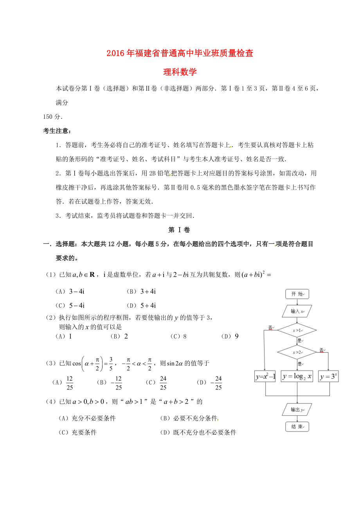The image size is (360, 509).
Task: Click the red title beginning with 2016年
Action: pyautogui.click(x=180, y=54)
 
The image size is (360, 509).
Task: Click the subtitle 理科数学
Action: pyautogui.click(x=180, y=72)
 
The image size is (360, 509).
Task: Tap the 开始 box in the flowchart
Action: pyautogui.click(x=297, y=294)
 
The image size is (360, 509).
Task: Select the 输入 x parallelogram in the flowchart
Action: pyautogui.click(x=297, y=311)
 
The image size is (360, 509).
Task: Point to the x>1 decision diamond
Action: pyautogui.click(x=297, y=330)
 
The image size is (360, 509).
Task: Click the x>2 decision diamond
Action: pyautogui.click(x=297, y=352)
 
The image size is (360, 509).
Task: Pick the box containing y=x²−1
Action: pyautogui.click(x=266, y=376)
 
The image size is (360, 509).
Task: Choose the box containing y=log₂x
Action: pyautogui.click(x=297, y=376)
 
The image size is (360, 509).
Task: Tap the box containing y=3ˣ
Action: pyautogui.click(x=328, y=376)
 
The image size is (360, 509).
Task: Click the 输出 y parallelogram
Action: pyautogui.click(x=297, y=410)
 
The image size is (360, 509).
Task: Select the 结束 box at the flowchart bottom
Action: pyautogui.click(x=297, y=427)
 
